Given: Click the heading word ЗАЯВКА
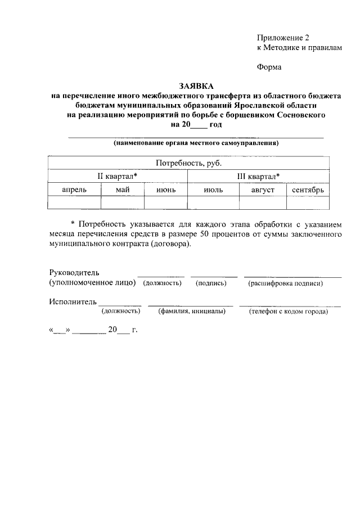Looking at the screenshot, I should click(196, 86).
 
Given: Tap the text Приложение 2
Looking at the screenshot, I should click(283, 38).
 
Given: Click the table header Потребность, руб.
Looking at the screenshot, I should click(189, 163).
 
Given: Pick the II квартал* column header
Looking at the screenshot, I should click(118, 177).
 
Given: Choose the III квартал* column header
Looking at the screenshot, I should click(259, 177).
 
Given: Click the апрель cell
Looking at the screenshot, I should click(74, 190).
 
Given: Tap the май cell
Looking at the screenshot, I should click(123, 190).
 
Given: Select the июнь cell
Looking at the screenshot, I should click(166, 190).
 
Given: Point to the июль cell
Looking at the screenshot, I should click(212, 190).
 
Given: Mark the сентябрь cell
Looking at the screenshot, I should click(308, 190).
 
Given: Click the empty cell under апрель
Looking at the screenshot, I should click(74, 203).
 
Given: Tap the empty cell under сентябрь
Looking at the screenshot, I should click(308, 203).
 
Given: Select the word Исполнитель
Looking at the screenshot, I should click(73, 302).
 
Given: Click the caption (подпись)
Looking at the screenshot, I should click(211, 283).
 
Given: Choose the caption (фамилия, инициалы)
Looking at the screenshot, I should click(191, 312).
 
